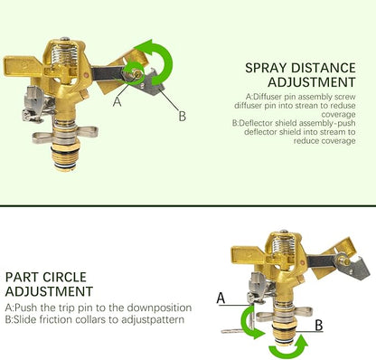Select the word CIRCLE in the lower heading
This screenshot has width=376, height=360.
tap(65, 277)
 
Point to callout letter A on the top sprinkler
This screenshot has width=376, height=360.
tap(117, 101)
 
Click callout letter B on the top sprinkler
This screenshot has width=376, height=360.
tap(183, 117)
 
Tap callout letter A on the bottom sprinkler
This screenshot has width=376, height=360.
tap(221, 298)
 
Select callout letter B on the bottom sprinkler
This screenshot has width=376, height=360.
tap(319, 326)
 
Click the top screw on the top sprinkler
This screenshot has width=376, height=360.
tap(64, 39)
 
